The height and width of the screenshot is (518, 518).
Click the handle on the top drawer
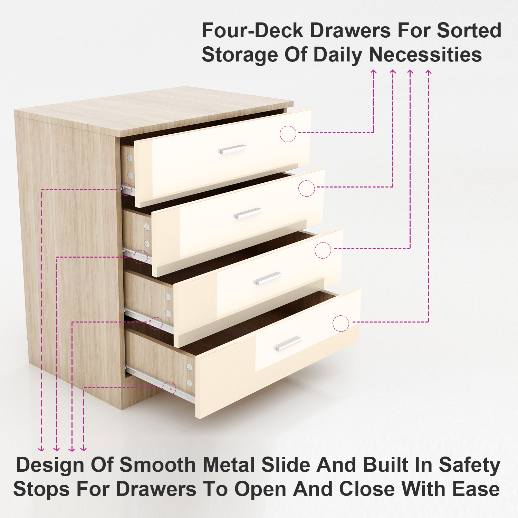point(232,149)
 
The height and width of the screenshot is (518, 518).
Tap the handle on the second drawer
point(247,213)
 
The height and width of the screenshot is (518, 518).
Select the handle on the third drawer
point(268,278)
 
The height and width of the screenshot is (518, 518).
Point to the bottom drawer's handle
point(288,344)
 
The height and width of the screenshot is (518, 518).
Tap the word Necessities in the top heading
point(425,55)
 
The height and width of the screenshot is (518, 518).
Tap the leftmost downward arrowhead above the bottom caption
point(41,449)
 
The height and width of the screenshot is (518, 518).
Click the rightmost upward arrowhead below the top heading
point(429,72)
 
